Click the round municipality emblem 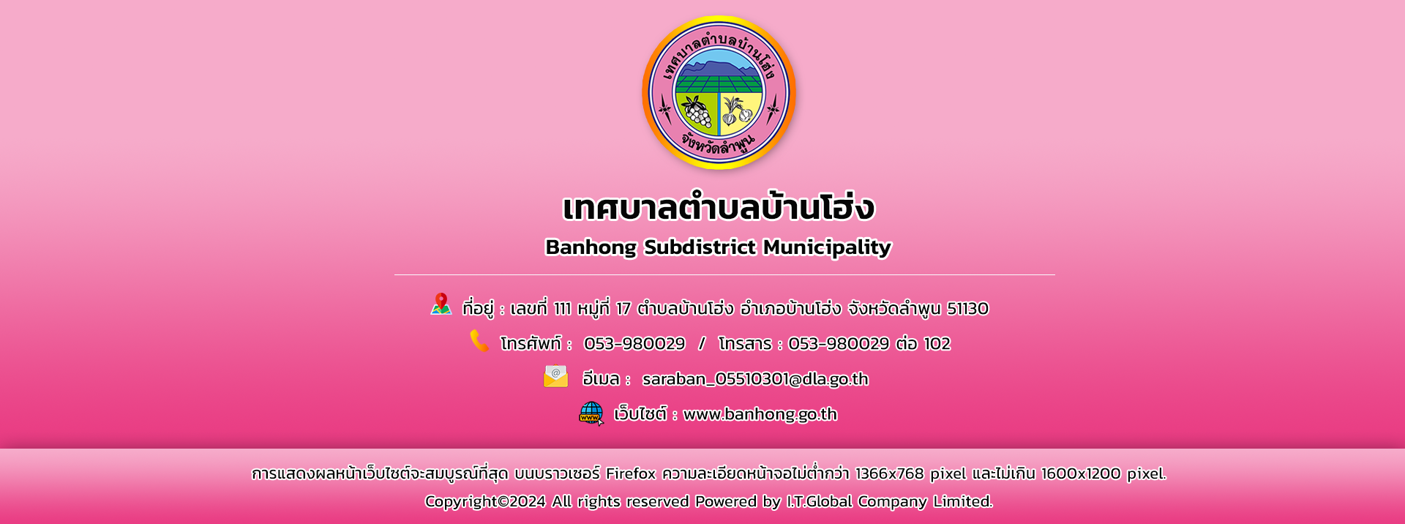coord(719,93)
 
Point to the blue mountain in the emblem coord(718,69)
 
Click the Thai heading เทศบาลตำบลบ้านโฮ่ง coord(719,207)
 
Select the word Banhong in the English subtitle coord(591,247)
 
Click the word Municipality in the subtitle coord(827,247)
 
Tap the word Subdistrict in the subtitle coord(700,247)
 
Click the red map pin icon coord(441,304)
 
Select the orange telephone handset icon coord(479,340)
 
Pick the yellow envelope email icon coord(556,376)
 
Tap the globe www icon coord(591,413)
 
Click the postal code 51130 coord(967,308)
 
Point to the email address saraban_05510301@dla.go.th coord(755,379)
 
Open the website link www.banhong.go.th coord(760,414)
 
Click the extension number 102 coord(937,344)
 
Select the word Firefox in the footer coord(631,474)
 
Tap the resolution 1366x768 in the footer coord(890,474)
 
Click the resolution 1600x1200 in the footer coord(1081,474)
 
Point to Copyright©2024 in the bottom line coord(485,501)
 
